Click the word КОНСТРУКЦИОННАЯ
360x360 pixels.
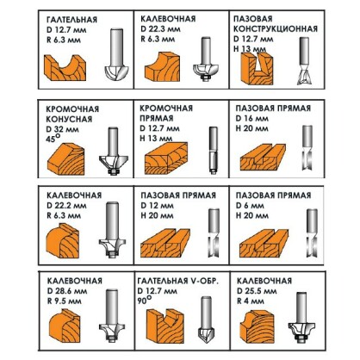tap(283, 40)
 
